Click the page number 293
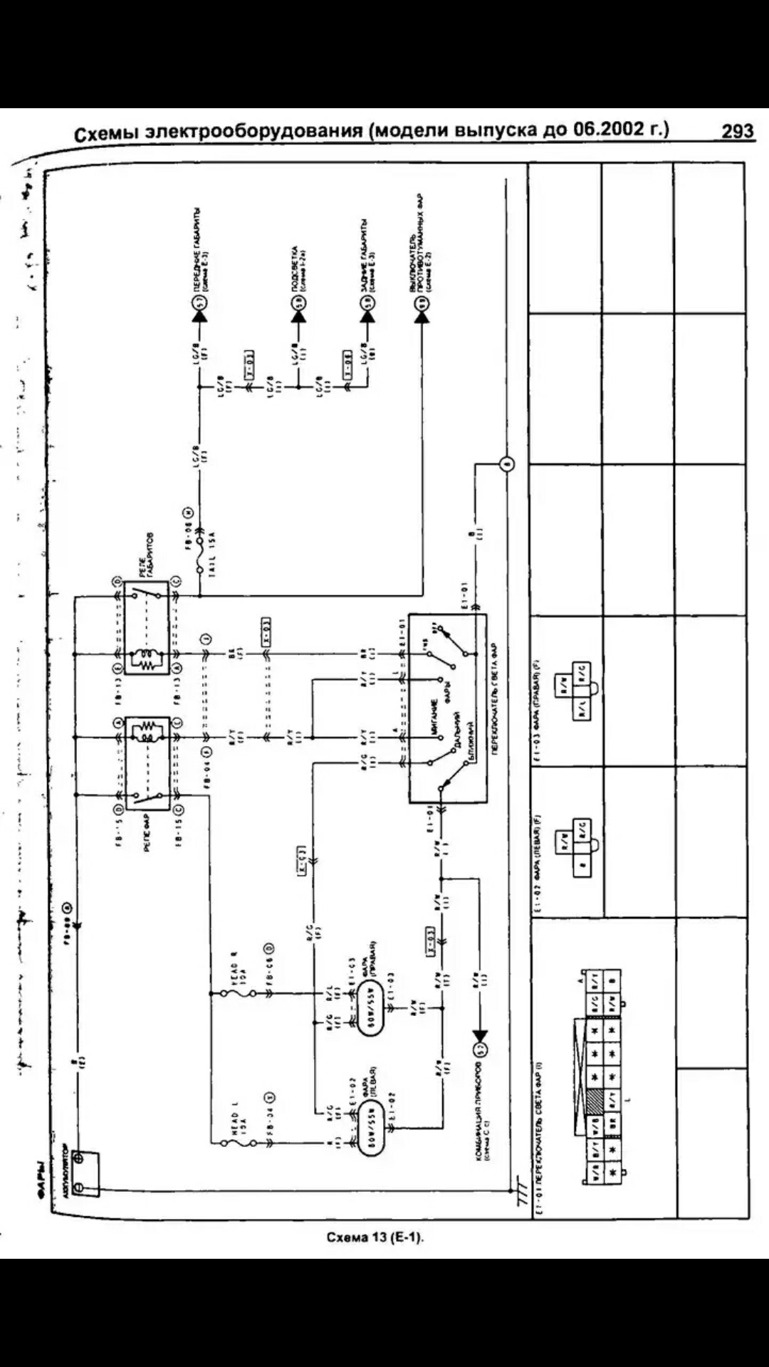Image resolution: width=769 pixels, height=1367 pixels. tap(737, 132)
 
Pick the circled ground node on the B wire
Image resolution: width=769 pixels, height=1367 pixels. tap(506, 466)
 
